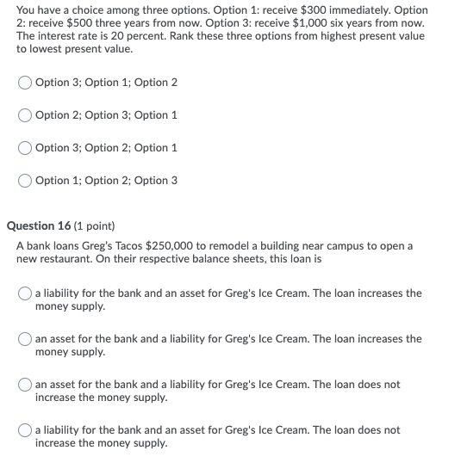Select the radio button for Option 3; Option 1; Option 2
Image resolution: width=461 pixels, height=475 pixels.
pyautogui.click(x=25, y=83)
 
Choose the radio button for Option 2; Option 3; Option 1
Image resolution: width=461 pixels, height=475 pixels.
pyautogui.click(x=25, y=115)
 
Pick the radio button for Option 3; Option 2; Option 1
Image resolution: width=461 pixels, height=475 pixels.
pyautogui.click(x=25, y=148)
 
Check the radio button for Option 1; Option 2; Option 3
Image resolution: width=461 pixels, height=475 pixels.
pyautogui.click(x=25, y=181)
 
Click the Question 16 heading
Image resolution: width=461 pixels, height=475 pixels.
pyautogui.click(x=41, y=226)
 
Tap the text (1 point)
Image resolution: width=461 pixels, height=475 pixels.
pyautogui.click(x=96, y=226)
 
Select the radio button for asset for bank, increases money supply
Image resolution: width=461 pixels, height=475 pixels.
pyautogui.click(x=25, y=339)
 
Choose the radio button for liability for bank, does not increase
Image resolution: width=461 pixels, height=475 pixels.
pyautogui.click(x=25, y=430)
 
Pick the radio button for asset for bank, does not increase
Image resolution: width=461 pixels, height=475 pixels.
pyautogui.click(x=25, y=385)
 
